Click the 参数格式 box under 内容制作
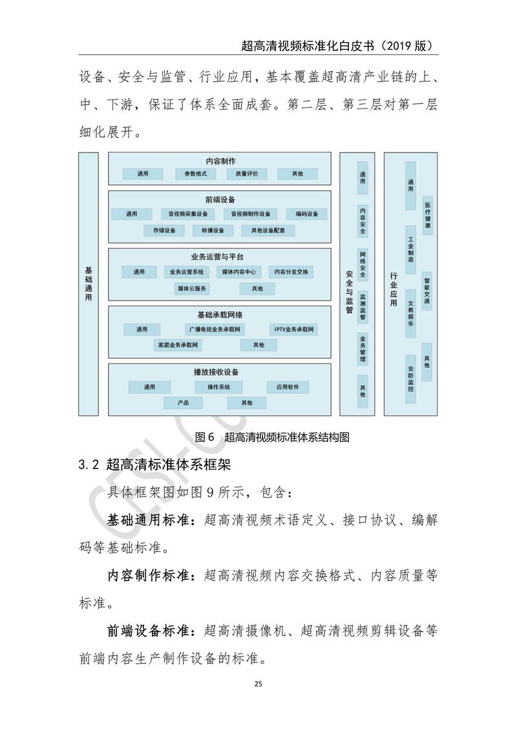pyautogui.click(x=195, y=174)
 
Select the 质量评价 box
pyautogui.click(x=247, y=174)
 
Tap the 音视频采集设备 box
pyautogui.click(x=188, y=214)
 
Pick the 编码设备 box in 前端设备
pyautogui.click(x=307, y=214)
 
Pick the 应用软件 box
pyautogui.click(x=288, y=387)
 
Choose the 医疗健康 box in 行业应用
pyautogui.click(x=427, y=215)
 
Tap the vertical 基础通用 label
pyautogui.click(x=89, y=284)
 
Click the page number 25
pyautogui.click(x=258, y=684)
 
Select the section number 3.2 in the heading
pyautogui.click(x=88, y=465)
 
